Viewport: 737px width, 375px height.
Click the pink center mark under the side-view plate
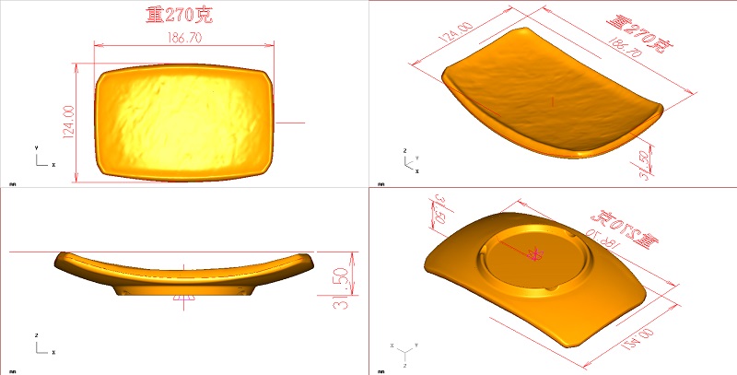185,298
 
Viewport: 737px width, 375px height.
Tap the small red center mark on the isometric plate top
550,99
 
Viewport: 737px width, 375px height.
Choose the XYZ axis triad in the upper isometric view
410,161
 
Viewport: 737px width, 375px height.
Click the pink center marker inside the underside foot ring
533,252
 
